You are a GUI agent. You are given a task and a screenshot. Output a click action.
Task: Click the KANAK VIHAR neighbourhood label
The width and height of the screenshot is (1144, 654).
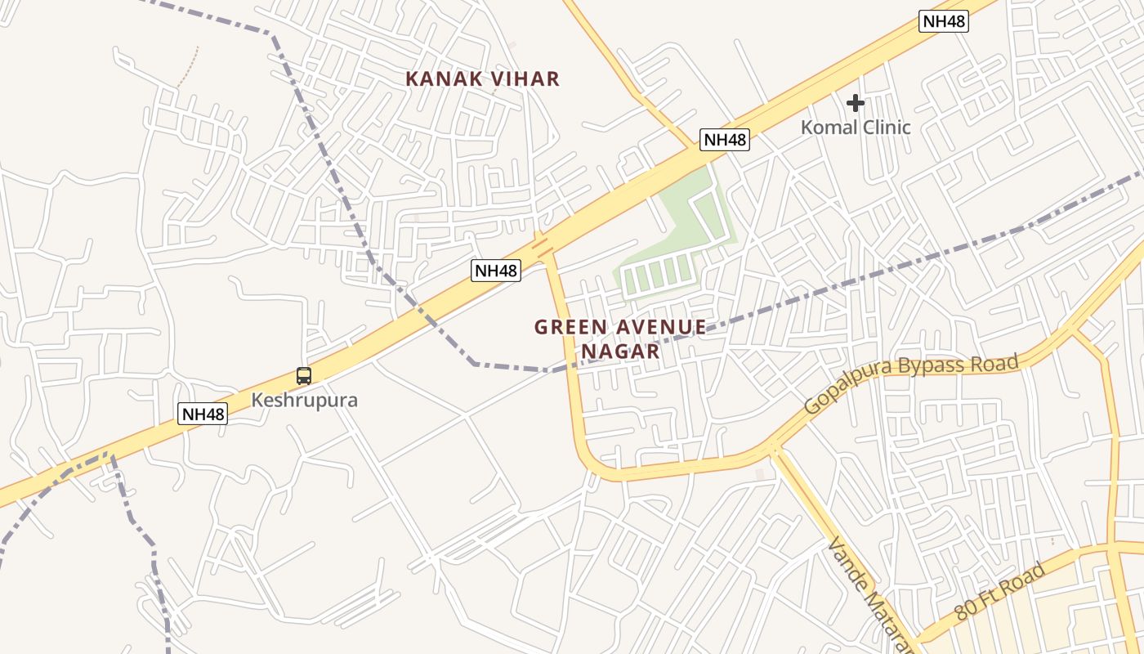[482, 79]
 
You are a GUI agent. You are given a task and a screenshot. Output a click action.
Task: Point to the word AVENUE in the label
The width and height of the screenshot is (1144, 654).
[663, 328]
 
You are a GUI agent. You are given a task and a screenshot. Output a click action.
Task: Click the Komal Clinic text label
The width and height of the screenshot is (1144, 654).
[855, 128]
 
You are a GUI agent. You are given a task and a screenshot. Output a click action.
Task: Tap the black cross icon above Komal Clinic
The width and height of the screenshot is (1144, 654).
[856, 103]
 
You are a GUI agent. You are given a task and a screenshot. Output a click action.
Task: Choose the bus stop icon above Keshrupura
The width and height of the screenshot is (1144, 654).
[304, 376]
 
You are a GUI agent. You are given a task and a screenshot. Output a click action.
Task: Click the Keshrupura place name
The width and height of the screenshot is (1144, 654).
[304, 401]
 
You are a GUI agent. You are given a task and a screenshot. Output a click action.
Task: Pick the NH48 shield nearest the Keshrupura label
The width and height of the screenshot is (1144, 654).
[203, 414]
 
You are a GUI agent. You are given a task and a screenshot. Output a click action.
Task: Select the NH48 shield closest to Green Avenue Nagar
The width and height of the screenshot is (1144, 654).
[496, 270]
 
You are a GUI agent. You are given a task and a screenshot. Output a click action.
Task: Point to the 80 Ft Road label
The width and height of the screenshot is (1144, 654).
[1000, 591]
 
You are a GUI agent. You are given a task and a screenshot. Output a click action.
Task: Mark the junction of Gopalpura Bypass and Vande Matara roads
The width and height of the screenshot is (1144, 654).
[772, 448]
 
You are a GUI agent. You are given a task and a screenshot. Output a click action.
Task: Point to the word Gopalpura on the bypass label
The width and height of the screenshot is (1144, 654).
[846, 396]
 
